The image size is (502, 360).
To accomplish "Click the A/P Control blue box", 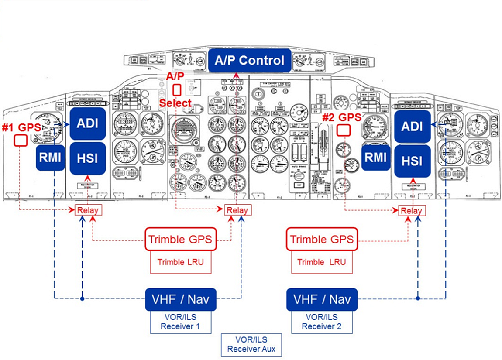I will point(249,61).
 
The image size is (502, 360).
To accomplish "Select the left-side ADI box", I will point(88,123).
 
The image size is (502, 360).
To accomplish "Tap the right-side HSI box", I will point(412,161).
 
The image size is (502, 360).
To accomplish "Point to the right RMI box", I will point(375,157).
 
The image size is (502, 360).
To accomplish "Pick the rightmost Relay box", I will point(412,210).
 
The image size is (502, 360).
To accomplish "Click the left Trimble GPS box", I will point(181,239).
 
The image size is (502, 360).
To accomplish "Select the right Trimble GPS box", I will point(322,239).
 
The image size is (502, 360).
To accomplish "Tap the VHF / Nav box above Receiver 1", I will point(181,299).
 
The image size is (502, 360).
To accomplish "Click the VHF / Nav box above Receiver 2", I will point(322,299).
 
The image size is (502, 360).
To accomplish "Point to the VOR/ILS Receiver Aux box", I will point(251,344).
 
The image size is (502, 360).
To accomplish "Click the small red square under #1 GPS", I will point(21,141).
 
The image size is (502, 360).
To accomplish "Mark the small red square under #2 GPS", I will point(344,130).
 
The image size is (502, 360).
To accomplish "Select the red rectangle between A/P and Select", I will point(177,90).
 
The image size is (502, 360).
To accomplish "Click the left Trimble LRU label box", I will point(181,262).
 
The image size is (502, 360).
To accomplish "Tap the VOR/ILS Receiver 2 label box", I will point(322,322).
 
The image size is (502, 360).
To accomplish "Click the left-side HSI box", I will point(88,158).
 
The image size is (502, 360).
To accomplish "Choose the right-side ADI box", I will point(412,126).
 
